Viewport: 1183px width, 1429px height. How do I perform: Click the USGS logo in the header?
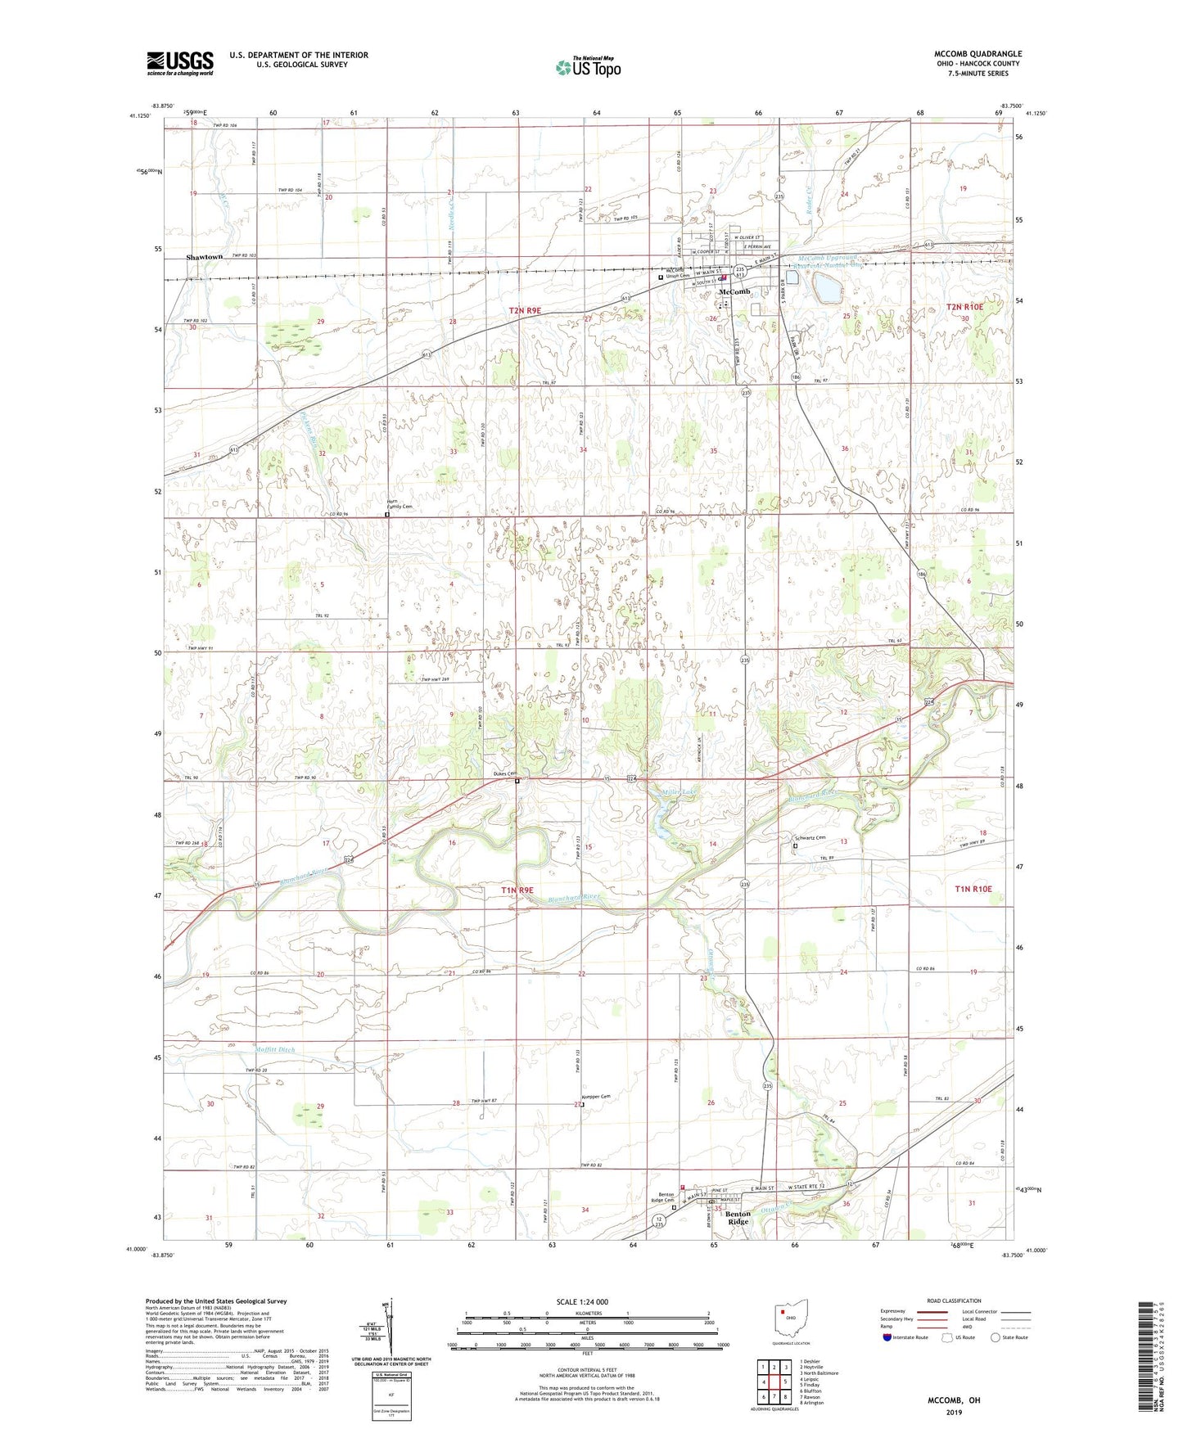click(x=180, y=63)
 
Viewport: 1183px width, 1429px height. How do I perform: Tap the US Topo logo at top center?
click(x=588, y=67)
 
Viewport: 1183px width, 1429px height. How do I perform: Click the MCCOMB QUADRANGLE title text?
click(x=978, y=54)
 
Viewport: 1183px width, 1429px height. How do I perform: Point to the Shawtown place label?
click(x=204, y=257)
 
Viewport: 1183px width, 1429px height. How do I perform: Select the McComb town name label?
click(x=734, y=292)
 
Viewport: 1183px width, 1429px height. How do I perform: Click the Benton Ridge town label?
click(x=738, y=1218)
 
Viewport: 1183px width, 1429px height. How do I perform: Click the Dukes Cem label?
click(x=504, y=773)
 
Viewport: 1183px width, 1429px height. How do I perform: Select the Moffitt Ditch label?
click(x=274, y=1049)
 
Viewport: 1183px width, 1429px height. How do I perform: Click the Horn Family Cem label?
click(x=400, y=505)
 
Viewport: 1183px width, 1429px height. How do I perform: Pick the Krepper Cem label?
click(x=596, y=1097)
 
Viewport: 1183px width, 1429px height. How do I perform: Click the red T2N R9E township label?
click(x=525, y=310)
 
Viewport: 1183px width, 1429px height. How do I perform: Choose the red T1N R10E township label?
click(x=973, y=889)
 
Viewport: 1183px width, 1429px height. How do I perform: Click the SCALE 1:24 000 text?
click(x=582, y=1301)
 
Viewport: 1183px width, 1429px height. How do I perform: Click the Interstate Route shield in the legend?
click(x=887, y=1337)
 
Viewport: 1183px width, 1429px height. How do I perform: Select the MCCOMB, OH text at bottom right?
click(x=954, y=1400)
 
